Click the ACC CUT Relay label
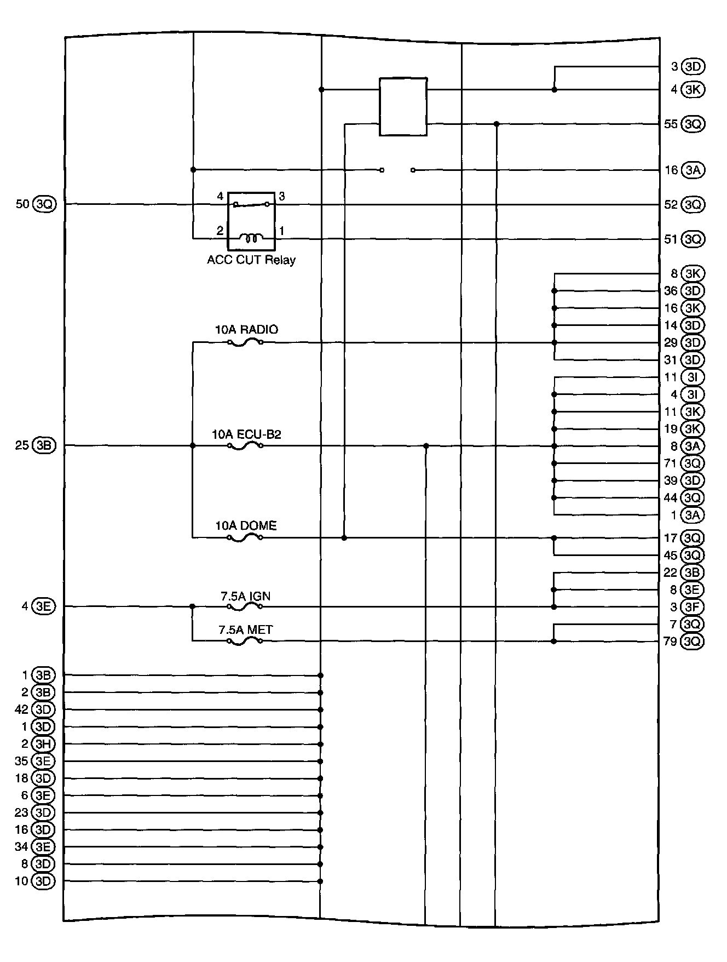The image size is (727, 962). point(251,260)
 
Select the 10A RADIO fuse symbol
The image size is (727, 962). point(245,343)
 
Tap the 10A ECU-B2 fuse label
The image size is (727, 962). point(246,434)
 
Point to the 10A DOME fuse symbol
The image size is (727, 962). point(245,538)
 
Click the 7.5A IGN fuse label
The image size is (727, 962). point(245,596)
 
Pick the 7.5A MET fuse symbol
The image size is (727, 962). point(245,641)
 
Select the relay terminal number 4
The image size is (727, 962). point(220,196)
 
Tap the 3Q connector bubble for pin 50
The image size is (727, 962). point(44,204)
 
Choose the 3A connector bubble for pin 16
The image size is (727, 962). point(693,170)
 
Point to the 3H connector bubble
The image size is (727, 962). point(43,744)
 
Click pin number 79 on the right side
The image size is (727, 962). point(670,641)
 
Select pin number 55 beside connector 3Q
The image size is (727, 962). point(670,124)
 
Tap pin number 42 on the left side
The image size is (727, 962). point(21,709)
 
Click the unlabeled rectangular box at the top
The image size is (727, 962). point(403,106)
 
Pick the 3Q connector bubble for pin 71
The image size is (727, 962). point(693,463)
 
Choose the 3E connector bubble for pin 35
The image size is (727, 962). point(43,761)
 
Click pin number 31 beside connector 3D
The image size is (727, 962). point(670,360)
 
